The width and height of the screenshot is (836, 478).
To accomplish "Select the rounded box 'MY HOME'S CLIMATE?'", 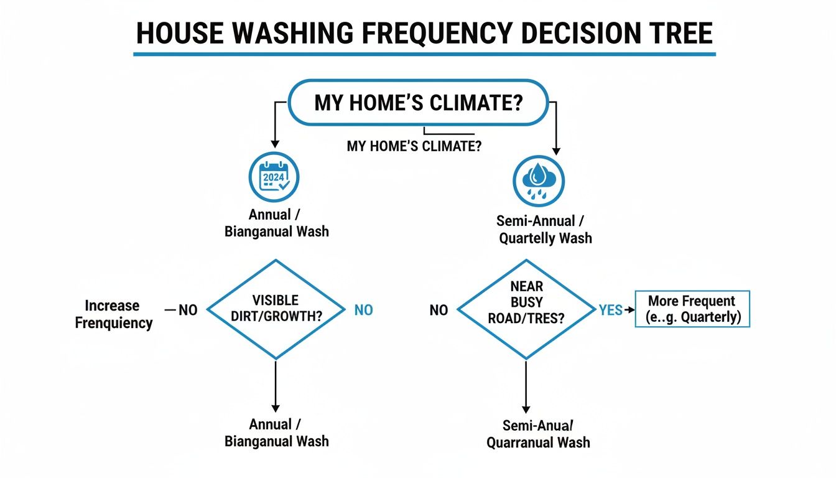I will point(418,103).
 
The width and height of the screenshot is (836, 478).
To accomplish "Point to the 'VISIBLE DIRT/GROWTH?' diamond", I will point(276,309).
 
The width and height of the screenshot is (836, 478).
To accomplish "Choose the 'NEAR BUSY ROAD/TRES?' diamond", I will point(526,309).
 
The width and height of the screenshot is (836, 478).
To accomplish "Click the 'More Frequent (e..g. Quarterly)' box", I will point(692,309).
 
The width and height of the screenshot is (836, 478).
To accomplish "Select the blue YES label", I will point(610,310).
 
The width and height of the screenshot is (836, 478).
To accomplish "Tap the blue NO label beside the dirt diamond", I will point(363,310).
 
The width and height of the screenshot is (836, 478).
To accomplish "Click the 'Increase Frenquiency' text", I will point(114,314).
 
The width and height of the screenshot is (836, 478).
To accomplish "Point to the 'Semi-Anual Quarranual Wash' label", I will point(538,434).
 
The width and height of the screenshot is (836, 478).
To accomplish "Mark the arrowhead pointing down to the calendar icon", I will point(274,145).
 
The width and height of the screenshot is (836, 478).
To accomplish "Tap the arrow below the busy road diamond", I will point(526,385).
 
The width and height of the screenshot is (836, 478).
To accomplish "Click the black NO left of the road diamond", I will point(439,310).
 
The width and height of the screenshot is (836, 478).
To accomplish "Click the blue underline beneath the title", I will point(424,55).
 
